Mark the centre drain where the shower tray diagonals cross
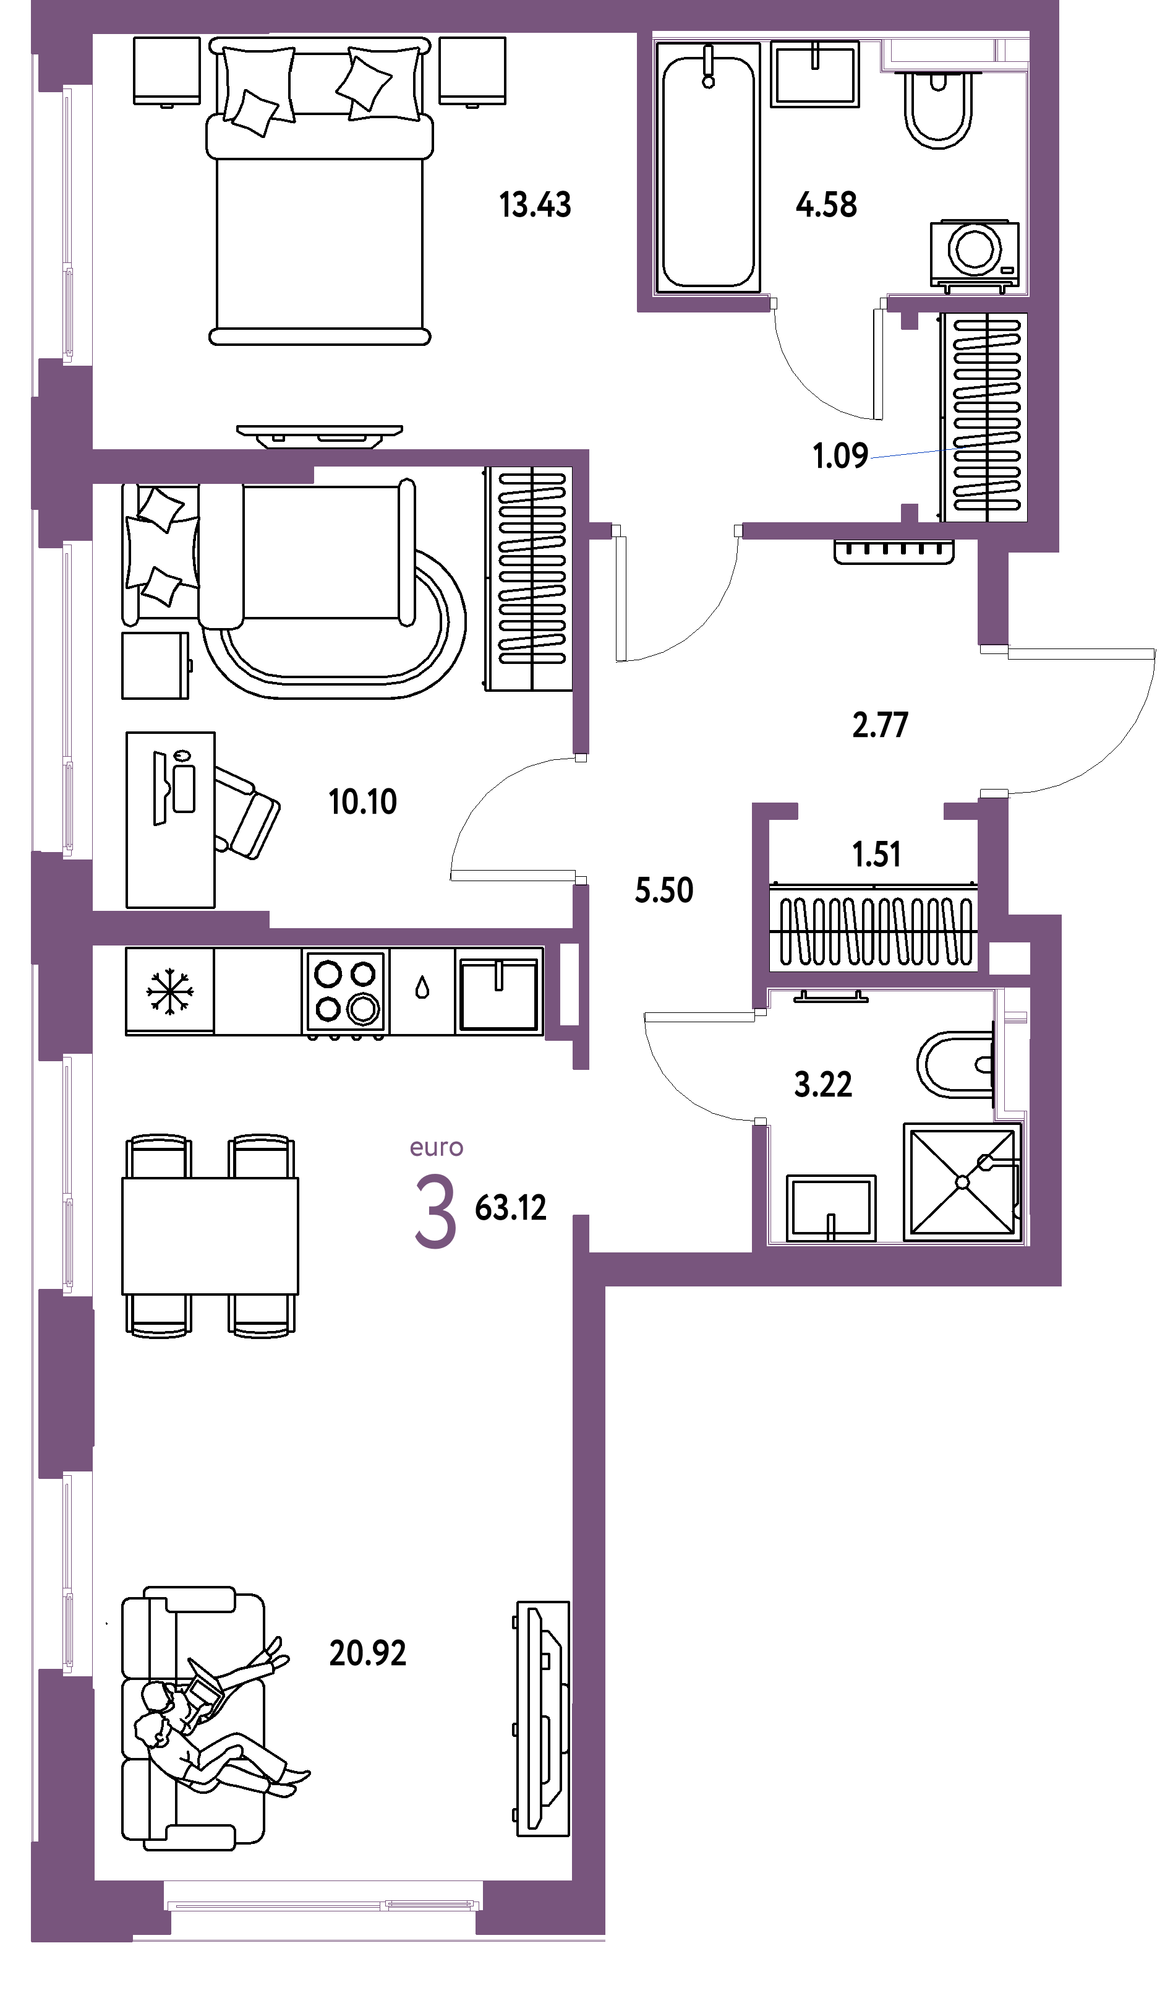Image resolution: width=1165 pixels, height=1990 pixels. point(962,1182)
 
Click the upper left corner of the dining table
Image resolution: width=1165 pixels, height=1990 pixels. point(122,1179)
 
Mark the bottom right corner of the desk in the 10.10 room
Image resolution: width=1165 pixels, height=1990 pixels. point(215,907)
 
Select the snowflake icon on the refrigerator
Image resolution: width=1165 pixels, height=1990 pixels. point(169,992)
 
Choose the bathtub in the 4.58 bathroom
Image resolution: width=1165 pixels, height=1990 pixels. point(708,168)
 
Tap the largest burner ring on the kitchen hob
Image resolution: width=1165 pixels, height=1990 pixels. point(363,1009)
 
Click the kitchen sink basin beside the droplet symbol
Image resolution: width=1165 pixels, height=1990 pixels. point(499,993)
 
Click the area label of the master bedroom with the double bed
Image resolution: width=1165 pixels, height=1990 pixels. point(534,205)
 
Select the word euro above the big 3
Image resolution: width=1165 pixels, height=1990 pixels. point(437,1147)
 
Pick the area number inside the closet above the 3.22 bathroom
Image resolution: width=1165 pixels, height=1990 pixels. point(876,855)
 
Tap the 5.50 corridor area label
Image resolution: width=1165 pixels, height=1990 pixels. point(664,891)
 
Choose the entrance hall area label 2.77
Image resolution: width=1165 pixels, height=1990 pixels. point(880,725)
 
